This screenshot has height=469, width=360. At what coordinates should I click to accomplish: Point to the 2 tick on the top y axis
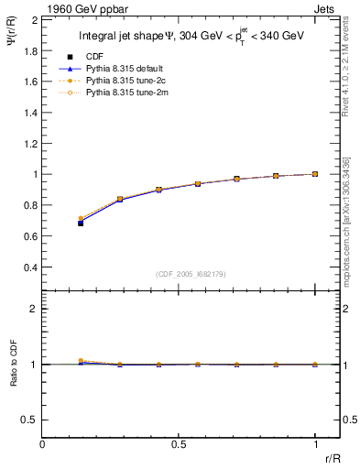point(34,18)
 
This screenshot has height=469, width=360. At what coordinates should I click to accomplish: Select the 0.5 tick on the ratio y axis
point(29,420)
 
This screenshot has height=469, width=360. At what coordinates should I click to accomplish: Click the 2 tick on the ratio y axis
point(34,309)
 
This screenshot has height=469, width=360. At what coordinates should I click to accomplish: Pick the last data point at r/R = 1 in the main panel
point(315,174)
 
